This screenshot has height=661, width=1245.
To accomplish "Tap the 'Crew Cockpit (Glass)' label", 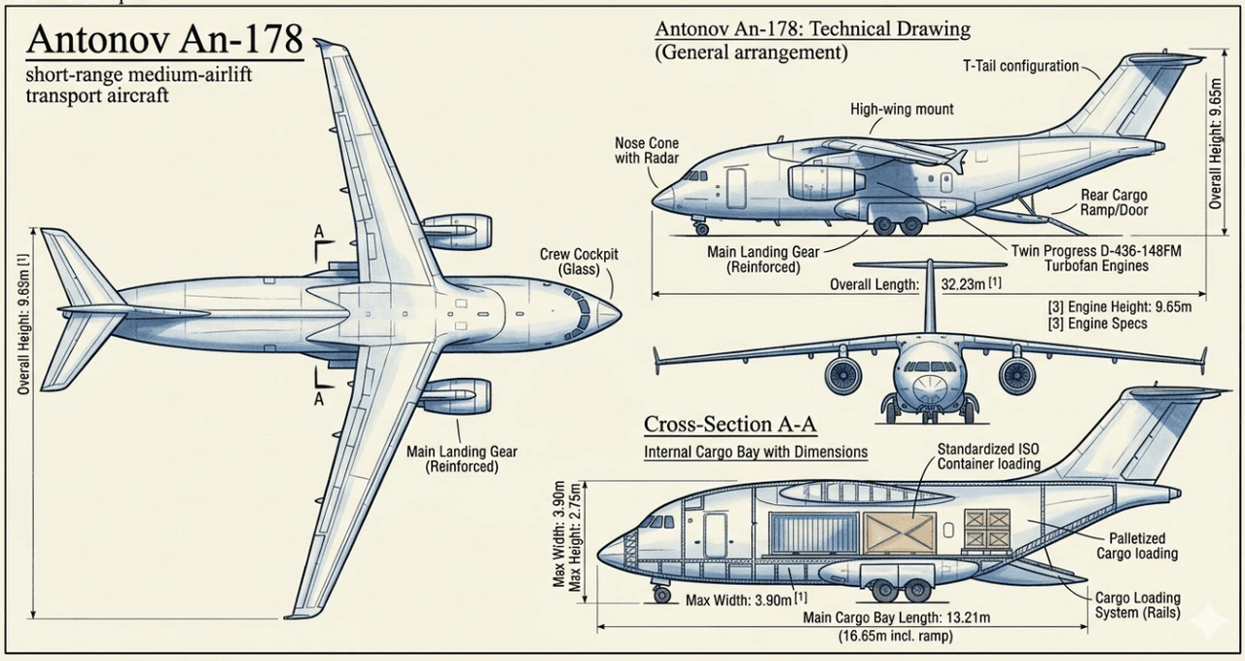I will point(579,262).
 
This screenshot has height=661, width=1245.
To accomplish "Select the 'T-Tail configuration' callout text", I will point(1020,66).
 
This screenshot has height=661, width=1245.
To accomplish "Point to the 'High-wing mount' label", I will point(902,109).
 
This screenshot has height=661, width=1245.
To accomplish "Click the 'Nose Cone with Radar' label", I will point(647,151).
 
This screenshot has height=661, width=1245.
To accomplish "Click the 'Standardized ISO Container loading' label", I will point(988,456).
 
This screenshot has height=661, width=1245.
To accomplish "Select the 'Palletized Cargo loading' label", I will point(1137,546).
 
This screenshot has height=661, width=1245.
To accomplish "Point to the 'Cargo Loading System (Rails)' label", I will point(1137,606).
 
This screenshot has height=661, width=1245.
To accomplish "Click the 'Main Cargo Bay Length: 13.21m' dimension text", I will point(896,617).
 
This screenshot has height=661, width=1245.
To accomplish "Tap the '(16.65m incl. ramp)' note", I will point(896,636).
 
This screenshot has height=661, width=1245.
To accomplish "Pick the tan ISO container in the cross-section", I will point(900,533).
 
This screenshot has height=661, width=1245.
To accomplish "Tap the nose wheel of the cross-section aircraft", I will point(662,593).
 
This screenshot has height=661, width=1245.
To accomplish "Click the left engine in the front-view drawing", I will point(842,374).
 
